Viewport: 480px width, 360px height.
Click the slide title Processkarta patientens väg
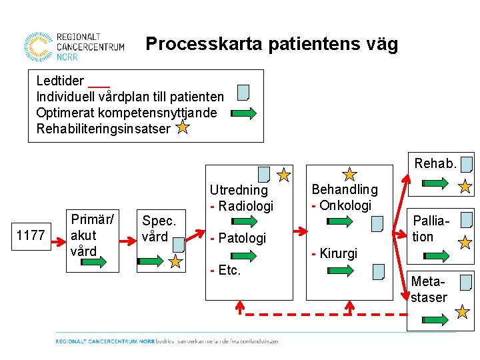[271, 45]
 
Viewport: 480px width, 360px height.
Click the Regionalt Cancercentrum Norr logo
[73, 47]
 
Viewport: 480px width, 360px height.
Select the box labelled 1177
[31, 235]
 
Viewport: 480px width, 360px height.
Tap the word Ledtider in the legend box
[60, 81]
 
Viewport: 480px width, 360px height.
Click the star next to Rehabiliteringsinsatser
[183, 127]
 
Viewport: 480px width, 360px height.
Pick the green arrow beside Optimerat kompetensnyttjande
[243, 113]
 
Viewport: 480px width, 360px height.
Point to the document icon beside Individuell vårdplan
[243, 92]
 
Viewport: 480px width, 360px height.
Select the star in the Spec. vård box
[175, 261]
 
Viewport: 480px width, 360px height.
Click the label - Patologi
[238, 238]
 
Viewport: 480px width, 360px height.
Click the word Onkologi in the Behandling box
[345, 205]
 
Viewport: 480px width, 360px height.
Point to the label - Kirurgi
[335, 253]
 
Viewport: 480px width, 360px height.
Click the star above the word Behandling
[349, 175]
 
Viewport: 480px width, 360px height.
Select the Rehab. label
[435, 163]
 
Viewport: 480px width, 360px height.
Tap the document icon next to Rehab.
[467, 163]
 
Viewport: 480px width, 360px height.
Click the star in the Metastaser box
[462, 311]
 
